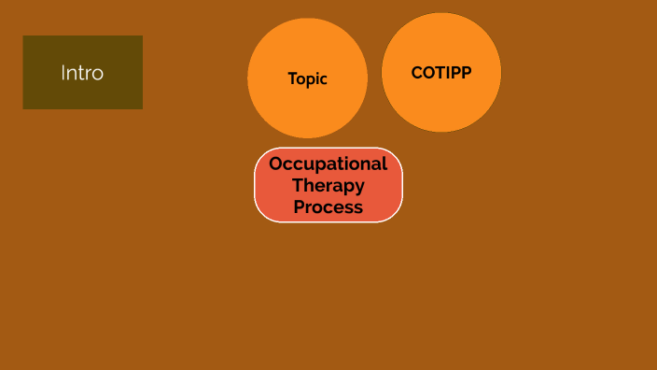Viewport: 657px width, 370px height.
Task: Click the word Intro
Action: (x=82, y=72)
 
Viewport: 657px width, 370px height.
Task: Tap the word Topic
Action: (x=307, y=79)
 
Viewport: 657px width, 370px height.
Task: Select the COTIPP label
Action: (x=441, y=72)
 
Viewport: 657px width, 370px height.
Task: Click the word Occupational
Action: (x=328, y=164)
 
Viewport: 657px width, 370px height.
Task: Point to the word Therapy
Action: (x=328, y=185)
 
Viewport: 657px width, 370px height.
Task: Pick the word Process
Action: (x=328, y=206)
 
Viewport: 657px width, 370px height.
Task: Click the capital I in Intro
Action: (x=63, y=72)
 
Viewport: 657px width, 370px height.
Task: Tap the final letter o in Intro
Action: (x=98, y=73)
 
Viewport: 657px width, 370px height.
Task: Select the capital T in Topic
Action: (x=292, y=79)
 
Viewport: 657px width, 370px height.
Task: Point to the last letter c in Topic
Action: (x=323, y=80)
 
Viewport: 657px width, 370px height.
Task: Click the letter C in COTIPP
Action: (x=417, y=72)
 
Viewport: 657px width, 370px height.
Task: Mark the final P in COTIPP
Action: (x=466, y=72)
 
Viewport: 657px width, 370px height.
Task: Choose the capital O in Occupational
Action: (x=276, y=164)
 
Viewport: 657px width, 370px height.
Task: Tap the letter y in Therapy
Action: (x=358, y=187)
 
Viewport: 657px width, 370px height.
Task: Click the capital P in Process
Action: (x=300, y=206)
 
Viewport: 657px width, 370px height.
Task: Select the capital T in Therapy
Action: (x=297, y=185)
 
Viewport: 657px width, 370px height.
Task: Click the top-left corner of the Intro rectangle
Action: (x=23, y=36)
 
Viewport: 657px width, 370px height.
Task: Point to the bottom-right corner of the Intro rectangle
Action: (x=142, y=108)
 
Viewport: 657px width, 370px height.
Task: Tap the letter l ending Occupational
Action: (x=384, y=163)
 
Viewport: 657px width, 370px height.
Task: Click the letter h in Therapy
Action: (x=309, y=185)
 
